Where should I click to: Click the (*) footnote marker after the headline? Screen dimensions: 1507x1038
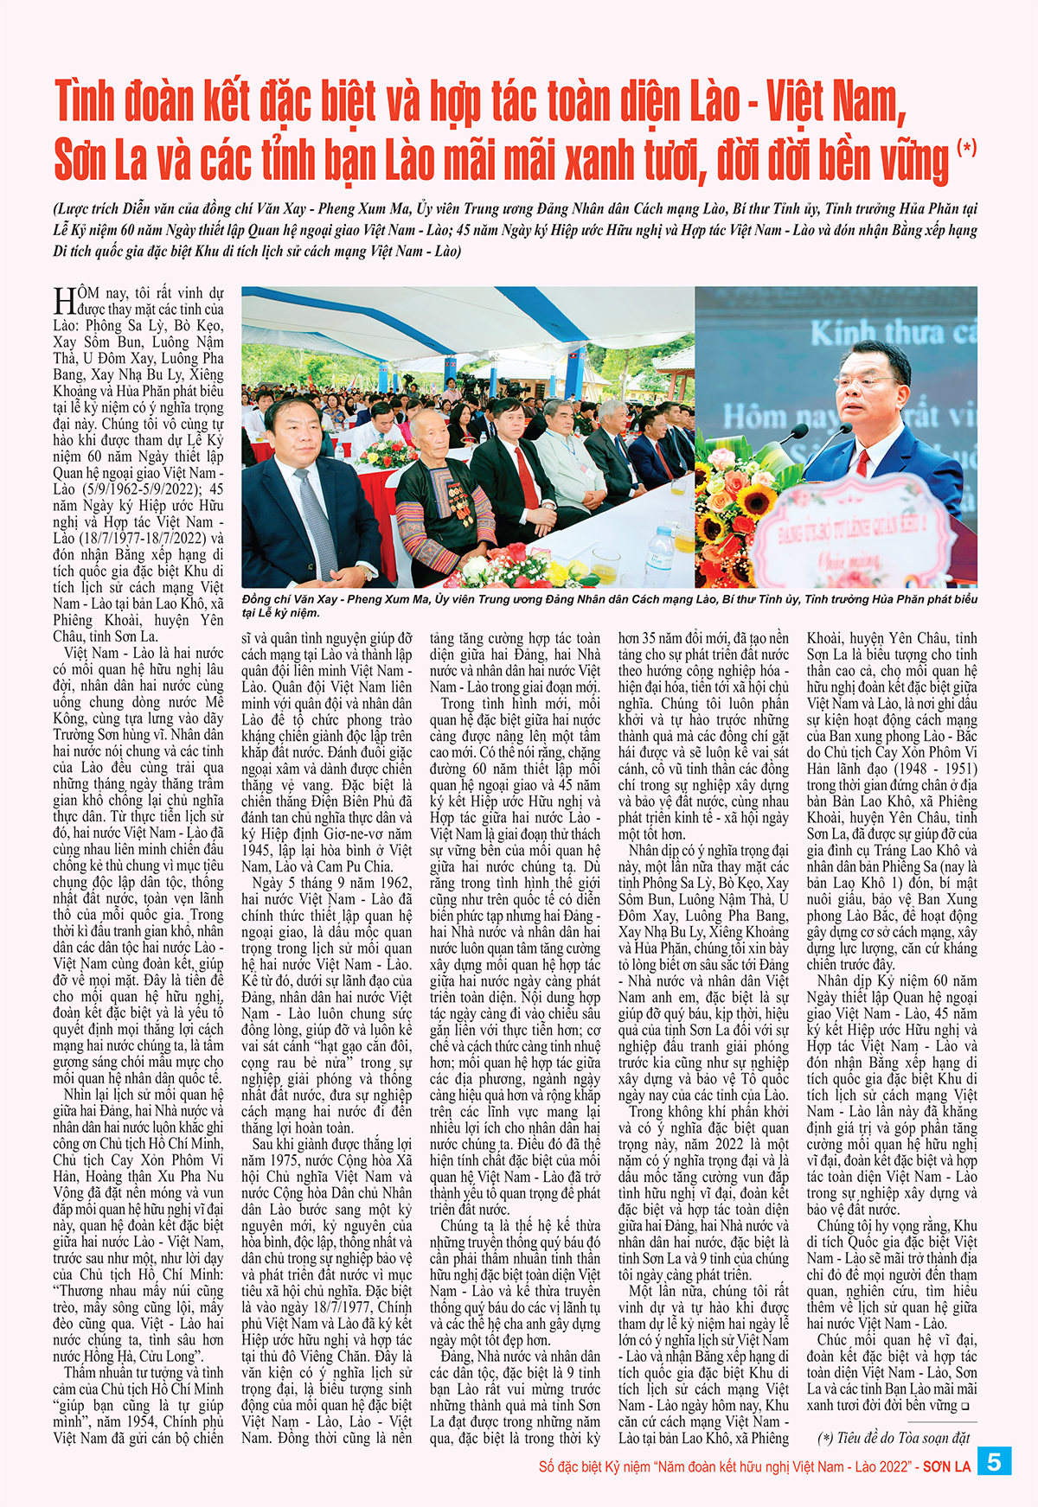tap(967, 147)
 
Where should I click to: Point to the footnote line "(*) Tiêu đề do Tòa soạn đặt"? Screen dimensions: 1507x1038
tap(893, 1438)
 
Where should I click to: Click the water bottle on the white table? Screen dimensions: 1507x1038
tap(660, 554)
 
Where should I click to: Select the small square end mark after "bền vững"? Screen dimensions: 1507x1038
tap(964, 1407)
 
